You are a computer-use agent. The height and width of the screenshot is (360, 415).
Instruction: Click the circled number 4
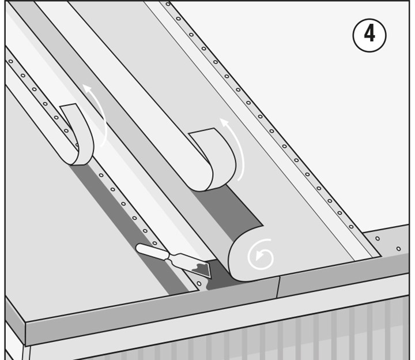tap(369, 35)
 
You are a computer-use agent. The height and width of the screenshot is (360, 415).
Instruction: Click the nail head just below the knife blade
tap(199, 284)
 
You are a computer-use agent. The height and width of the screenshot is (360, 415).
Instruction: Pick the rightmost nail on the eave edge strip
tap(398, 249)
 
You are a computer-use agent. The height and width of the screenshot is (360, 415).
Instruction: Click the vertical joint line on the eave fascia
tap(278, 287)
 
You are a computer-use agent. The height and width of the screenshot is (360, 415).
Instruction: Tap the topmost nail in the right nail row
tap(168, 4)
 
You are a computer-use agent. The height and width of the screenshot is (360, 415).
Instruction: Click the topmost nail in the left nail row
tap(11, 62)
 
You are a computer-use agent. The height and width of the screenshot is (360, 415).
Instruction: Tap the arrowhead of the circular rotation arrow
tap(259, 256)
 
